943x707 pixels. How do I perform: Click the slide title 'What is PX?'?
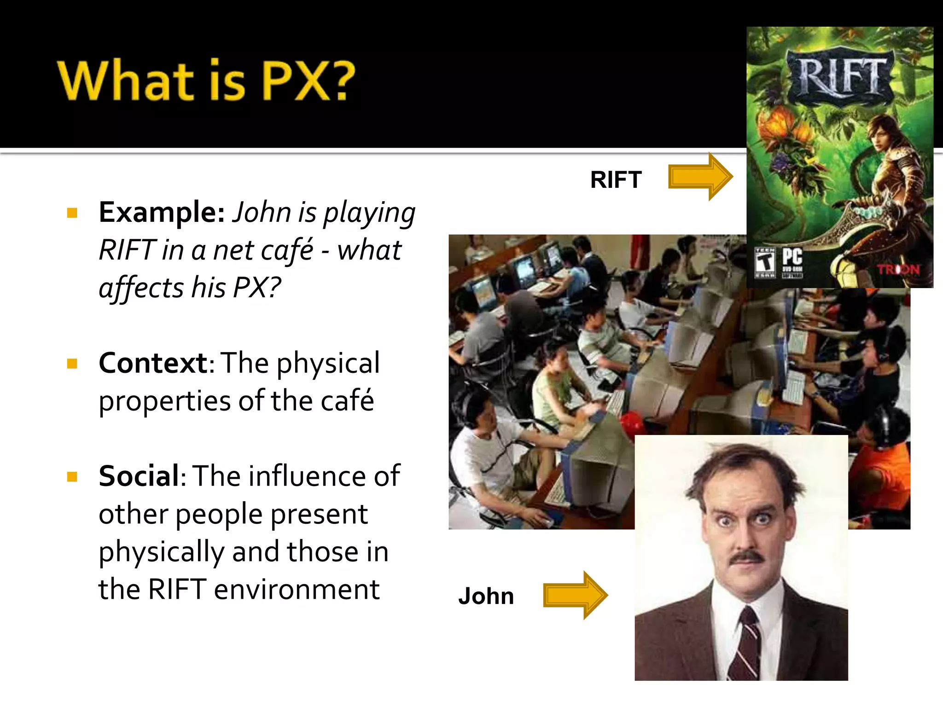click(x=206, y=80)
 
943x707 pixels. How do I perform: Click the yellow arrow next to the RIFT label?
click(x=699, y=177)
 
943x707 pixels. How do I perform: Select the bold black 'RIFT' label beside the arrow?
click(x=616, y=180)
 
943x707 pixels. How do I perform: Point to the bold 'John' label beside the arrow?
click(x=486, y=596)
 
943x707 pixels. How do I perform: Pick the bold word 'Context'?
click(x=153, y=363)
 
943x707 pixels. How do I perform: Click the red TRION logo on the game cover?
click(x=898, y=269)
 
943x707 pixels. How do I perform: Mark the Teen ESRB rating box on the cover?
click(x=765, y=262)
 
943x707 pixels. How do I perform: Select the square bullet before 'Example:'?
click(x=72, y=213)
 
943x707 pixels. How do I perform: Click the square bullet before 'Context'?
click(x=72, y=364)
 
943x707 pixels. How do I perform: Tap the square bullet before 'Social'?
click(x=72, y=476)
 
